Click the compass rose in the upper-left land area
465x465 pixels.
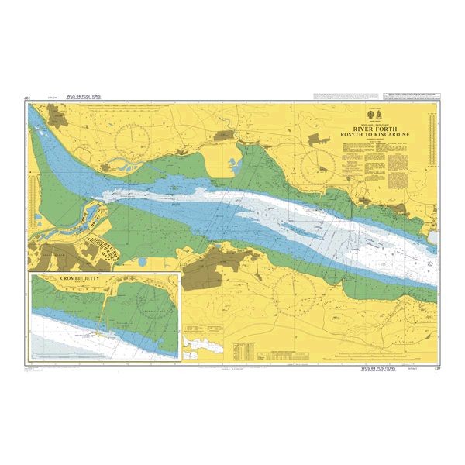click(x=133, y=140)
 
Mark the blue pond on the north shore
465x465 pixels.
click(x=232, y=164)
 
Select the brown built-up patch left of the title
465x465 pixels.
click(x=318, y=139)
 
